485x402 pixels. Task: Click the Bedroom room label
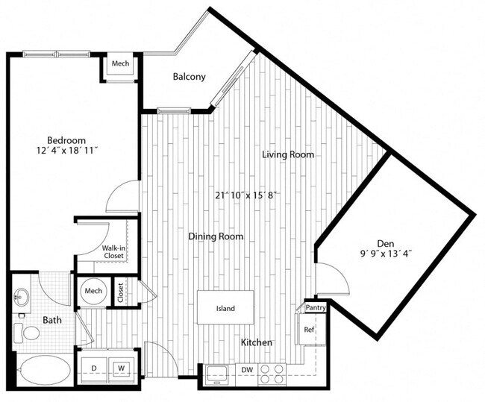[66, 140]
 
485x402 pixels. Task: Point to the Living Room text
[287, 155]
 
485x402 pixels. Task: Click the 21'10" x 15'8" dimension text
[246, 195]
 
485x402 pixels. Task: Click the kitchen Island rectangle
[225, 308]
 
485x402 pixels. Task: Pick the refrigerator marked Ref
[307, 329]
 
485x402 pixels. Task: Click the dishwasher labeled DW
[245, 369]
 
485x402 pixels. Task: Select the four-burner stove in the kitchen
[272, 373]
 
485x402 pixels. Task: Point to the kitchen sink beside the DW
[216, 372]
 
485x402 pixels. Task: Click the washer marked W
[120, 368]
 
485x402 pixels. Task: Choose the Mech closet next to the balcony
[120, 63]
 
